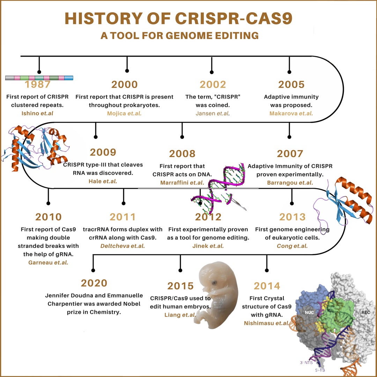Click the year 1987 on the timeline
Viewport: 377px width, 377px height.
point(38,84)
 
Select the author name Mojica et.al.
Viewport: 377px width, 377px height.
point(124,113)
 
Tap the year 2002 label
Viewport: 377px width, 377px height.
point(213,84)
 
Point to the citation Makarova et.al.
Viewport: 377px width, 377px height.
point(291,113)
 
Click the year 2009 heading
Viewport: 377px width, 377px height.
point(103,153)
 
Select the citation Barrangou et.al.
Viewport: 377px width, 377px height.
point(290,183)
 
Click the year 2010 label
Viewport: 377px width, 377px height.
point(49,217)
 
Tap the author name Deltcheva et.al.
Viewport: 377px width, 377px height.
point(123,246)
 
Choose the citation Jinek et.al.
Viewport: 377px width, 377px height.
point(208,246)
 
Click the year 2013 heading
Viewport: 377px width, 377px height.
point(292,217)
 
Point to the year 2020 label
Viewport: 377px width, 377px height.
point(94,283)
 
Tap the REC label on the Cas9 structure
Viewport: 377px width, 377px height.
point(365,313)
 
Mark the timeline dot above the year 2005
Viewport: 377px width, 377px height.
point(289,72)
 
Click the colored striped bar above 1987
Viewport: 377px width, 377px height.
point(39,77)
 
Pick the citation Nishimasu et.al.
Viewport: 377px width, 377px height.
point(267,323)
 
